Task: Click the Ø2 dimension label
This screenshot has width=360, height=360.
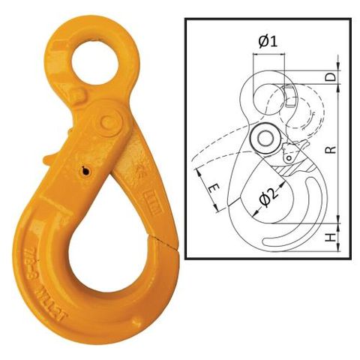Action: pyautogui.click(x=267, y=198)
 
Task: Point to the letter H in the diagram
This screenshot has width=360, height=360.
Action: pyautogui.click(x=331, y=238)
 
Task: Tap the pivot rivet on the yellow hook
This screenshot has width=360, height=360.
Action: pyautogui.click(x=109, y=120)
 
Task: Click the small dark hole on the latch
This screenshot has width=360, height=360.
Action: pyautogui.click(x=87, y=172)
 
